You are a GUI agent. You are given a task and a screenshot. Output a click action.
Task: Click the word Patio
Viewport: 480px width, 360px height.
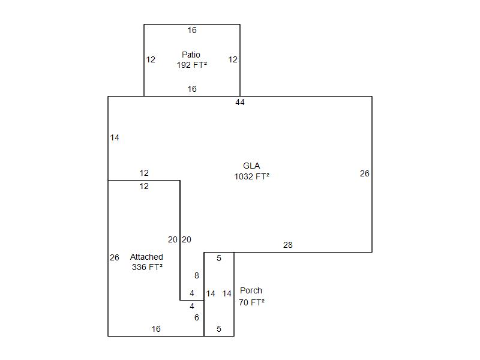(x=191, y=55)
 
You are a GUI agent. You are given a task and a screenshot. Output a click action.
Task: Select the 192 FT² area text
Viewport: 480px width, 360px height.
(x=192, y=65)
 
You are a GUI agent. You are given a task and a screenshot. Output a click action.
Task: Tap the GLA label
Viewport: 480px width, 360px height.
(x=251, y=166)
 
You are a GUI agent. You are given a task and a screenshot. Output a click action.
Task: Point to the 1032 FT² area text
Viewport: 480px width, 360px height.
(x=251, y=176)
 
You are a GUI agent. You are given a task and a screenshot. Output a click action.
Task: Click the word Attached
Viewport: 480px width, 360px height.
(x=146, y=257)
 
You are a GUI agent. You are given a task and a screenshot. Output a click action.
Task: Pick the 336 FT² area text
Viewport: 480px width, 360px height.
(x=147, y=267)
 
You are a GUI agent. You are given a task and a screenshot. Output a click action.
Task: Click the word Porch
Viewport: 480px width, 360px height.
(x=251, y=290)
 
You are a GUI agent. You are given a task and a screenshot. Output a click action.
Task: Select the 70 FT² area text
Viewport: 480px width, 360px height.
(x=251, y=302)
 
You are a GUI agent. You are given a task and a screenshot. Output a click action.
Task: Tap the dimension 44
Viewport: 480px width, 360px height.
(x=240, y=102)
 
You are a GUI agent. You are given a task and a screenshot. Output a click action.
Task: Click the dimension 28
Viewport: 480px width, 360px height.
(x=288, y=245)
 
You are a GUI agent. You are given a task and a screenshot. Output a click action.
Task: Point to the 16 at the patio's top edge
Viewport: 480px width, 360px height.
(x=192, y=30)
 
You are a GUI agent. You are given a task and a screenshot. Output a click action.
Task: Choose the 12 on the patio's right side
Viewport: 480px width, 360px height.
(x=233, y=59)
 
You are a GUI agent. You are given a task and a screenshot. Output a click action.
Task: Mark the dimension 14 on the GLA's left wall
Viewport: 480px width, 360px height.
(x=115, y=138)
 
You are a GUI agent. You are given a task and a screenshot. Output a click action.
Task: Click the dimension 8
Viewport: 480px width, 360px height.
(x=197, y=275)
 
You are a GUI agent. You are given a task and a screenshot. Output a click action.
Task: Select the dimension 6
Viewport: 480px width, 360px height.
(x=197, y=317)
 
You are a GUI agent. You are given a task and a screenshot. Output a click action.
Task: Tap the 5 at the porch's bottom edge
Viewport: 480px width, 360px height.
(x=219, y=329)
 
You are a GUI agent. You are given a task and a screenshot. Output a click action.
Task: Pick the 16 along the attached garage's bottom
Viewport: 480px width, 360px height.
(x=156, y=329)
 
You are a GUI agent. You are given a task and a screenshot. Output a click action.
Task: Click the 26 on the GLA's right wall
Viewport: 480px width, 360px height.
(x=365, y=173)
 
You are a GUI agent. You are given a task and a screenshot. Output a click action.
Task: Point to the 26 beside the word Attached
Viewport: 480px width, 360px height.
(x=115, y=257)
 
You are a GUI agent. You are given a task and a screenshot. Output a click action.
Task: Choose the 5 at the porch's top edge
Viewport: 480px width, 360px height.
(x=219, y=258)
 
